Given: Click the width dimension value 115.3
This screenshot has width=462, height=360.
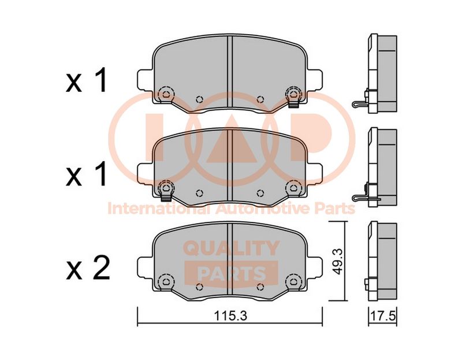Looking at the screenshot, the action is (230, 316).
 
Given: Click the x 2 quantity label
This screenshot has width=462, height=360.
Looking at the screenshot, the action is (88, 269).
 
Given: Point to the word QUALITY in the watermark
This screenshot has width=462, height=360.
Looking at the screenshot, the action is (232, 248).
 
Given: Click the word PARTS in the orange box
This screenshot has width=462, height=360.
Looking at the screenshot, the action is (232, 273).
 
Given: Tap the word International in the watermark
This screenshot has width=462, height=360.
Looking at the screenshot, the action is (159, 209).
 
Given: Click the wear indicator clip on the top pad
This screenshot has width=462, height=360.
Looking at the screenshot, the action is (293, 103).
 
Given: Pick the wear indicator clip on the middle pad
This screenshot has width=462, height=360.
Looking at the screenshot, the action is (166, 197).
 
